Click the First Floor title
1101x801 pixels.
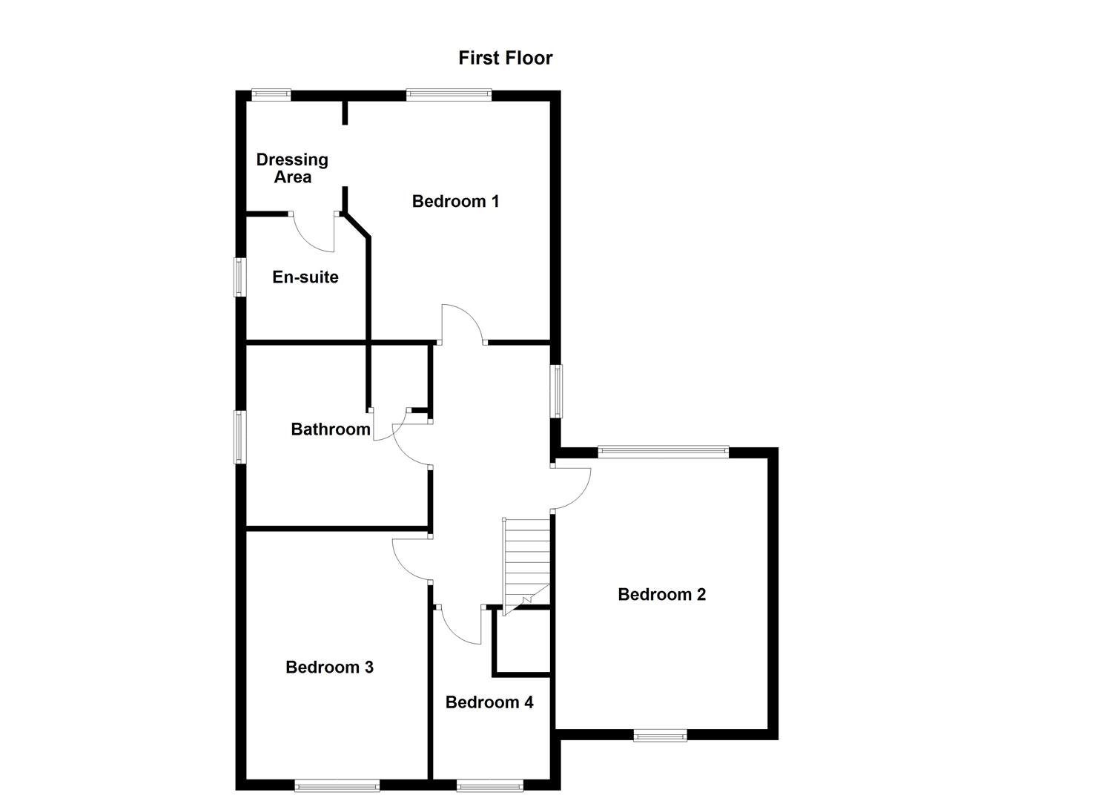[x=505, y=58]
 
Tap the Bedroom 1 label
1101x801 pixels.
[x=455, y=201]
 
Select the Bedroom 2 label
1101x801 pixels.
[x=661, y=594]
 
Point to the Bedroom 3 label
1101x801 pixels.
[x=329, y=667]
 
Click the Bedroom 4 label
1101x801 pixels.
[x=489, y=702]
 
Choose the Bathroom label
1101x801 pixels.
[x=330, y=429]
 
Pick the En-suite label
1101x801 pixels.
[x=305, y=277]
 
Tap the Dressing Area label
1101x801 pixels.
[x=292, y=168]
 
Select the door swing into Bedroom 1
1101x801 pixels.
[x=461, y=323]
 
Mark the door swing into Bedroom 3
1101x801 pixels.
[x=411, y=558]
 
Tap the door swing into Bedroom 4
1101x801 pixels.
[x=461, y=626]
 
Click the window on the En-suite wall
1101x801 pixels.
[x=239, y=277]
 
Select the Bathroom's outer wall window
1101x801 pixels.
[x=239, y=437]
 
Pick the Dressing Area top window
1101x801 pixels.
[x=271, y=94]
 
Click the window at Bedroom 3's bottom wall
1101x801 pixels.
[x=337, y=785]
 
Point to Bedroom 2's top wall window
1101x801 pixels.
[x=664, y=451]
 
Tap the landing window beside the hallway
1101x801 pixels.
[x=556, y=391]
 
